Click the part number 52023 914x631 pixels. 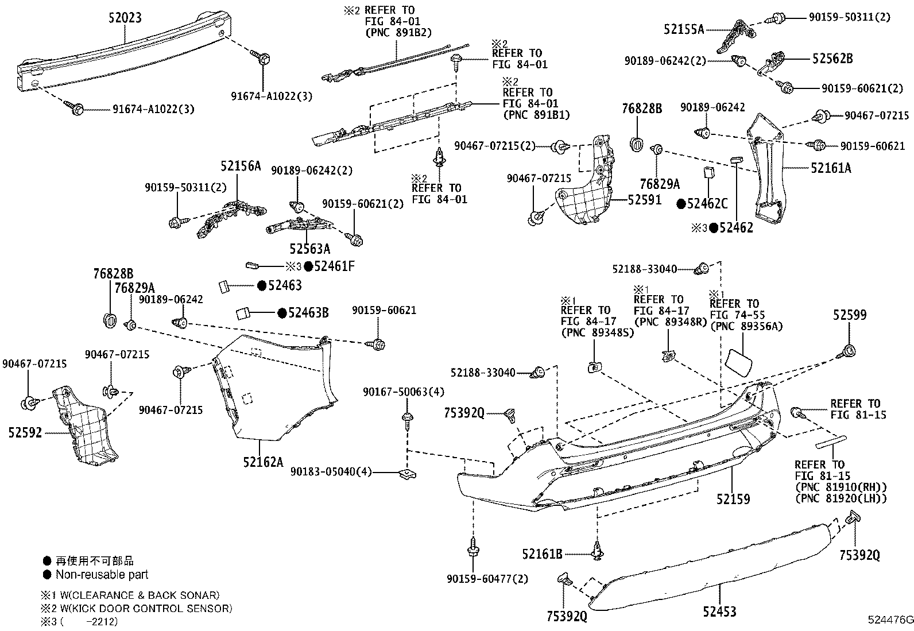click(x=125, y=18)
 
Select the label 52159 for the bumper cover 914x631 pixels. click(x=733, y=499)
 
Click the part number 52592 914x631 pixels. click(x=25, y=433)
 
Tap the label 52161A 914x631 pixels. click(x=831, y=168)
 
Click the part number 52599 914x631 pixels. click(x=850, y=315)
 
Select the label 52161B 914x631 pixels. click(x=543, y=554)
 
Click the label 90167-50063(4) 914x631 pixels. click(x=404, y=392)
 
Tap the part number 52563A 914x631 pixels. click(x=309, y=249)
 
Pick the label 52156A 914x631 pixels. click(x=241, y=166)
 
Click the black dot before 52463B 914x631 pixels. click(x=282, y=313)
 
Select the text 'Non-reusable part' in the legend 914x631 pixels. click(x=102, y=575)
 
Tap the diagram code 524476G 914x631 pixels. click(x=890, y=620)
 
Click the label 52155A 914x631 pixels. click(x=684, y=29)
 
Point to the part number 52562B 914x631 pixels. click(x=832, y=59)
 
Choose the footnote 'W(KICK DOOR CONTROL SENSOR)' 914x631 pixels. click(x=146, y=609)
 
